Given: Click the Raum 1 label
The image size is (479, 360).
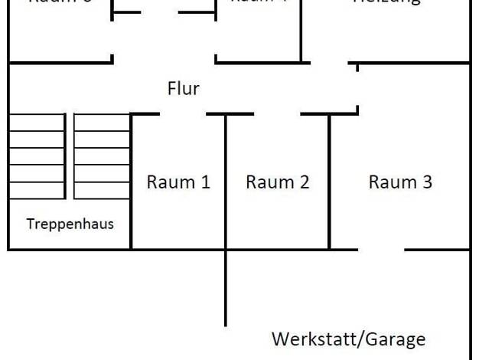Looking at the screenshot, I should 178,182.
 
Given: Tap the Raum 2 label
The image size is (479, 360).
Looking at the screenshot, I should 277,182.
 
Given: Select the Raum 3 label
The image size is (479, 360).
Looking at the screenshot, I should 400,182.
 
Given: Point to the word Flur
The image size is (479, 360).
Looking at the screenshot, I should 183,88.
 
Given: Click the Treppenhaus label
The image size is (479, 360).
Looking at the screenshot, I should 70,224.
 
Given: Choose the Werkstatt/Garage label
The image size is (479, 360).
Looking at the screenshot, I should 348,339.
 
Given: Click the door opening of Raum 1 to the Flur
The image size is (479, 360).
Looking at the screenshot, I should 183,114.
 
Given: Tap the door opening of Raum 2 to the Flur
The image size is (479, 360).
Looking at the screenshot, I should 277,114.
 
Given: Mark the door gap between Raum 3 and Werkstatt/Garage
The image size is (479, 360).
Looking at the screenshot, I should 381,249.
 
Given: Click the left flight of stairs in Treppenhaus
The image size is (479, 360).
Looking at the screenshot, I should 37,156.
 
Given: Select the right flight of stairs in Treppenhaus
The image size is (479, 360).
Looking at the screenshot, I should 102,156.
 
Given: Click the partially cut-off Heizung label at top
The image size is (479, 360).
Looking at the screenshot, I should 386,2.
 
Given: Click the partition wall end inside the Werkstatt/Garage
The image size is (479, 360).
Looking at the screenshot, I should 226,324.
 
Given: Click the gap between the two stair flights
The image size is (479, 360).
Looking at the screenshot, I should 70,156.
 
